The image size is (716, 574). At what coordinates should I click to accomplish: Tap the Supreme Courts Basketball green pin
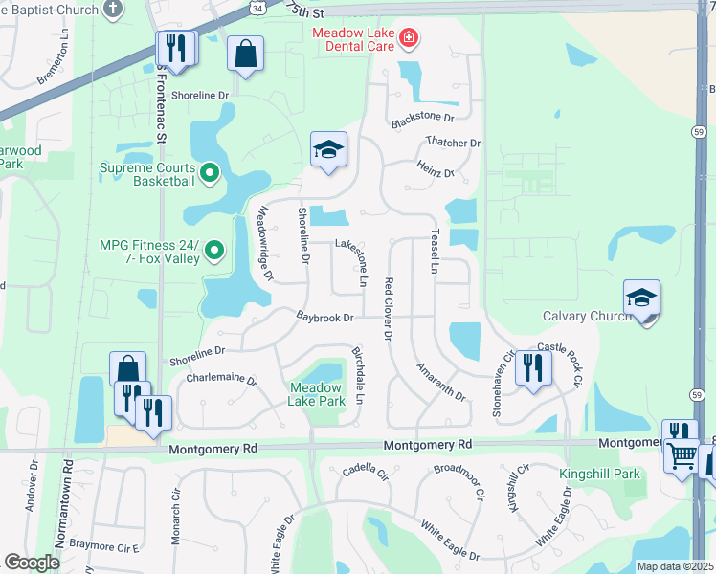click(x=211, y=173)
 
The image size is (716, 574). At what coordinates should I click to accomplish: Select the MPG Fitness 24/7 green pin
click(x=215, y=252)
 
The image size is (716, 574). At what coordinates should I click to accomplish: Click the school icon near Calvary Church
click(x=641, y=298)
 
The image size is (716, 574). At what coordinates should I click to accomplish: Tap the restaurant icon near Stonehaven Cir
click(x=533, y=368)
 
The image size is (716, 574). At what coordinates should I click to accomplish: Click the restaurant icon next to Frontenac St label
click(x=176, y=47)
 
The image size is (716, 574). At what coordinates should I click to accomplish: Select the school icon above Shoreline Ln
click(x=328, y=150)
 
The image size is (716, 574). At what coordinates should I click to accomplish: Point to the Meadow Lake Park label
click(x=317, y=394)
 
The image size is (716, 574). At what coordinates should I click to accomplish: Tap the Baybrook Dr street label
click(x=324, y=317)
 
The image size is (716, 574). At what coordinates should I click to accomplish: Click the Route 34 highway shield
click(x=260, y=6)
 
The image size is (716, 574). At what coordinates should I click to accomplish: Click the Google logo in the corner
click(x=33, y=563)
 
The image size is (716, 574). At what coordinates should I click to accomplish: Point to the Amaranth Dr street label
click(x=440, y=382)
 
